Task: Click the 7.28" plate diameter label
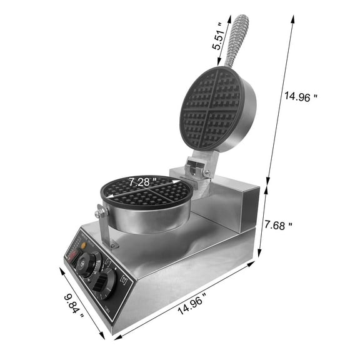(x=142, y=182)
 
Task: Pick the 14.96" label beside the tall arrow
(x=301, y=97)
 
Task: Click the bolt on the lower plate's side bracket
(x=98, y=214)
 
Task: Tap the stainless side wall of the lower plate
(x=150, y=219)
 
